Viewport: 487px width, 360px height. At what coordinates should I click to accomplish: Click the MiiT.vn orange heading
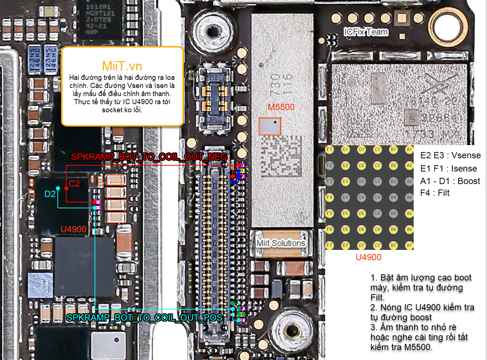pos(122,66)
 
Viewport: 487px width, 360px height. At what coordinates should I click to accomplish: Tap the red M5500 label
pos(281,107)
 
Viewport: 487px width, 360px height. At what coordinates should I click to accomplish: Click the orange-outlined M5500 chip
pos(270,126)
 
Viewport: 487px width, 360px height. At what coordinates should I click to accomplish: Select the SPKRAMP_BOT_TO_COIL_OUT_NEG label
pos(149,157)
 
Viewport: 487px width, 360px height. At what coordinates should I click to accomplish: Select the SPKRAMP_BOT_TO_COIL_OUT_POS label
pos(144,318)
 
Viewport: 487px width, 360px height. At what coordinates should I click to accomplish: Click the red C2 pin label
pos(74,184)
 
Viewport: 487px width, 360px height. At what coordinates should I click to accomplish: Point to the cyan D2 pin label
pos(50,194)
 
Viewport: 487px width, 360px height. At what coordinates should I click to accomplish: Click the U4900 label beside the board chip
pos(74,229)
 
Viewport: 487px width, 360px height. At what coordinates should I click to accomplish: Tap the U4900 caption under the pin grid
pos(368,257)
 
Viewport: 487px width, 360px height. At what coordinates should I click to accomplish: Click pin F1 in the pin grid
pos(329,149)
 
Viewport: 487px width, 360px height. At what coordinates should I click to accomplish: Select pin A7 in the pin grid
pos(409,245)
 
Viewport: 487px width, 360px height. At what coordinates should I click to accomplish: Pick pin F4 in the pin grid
pos(329,197)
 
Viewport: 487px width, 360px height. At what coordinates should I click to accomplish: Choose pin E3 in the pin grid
pos(345,181)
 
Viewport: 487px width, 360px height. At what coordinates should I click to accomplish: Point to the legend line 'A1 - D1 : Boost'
pos(450,181)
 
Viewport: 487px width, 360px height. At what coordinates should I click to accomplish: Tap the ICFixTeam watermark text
pos(366,32)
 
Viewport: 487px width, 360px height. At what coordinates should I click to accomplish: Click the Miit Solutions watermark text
pos(281,243)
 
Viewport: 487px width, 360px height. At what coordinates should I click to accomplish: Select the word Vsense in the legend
pos(466,155)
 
